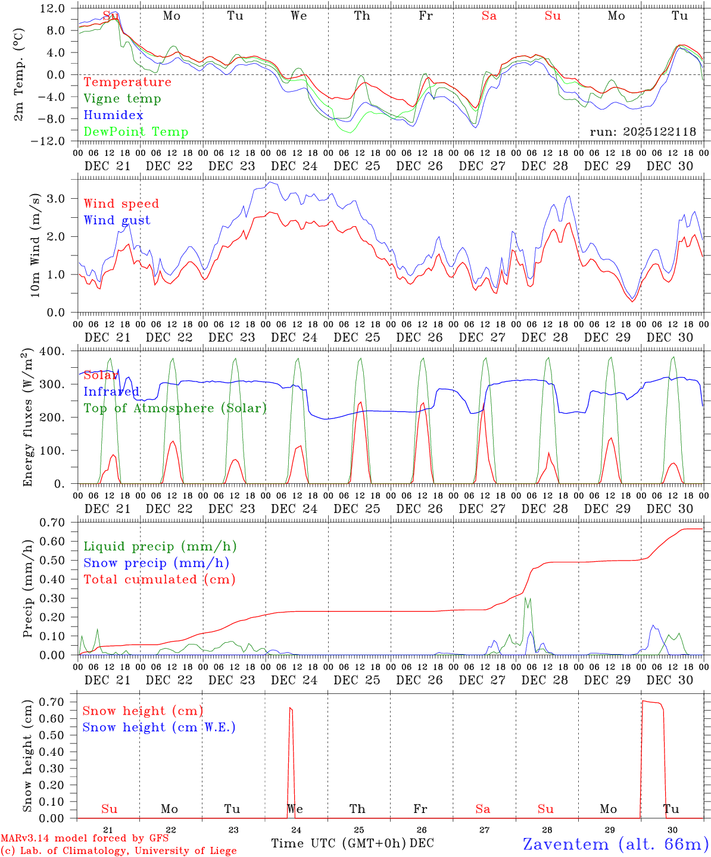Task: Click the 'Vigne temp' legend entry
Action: pos(122,99)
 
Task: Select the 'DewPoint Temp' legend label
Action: pos(136,132)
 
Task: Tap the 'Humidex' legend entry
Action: pos(113,115)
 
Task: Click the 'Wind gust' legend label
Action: pos(117,220)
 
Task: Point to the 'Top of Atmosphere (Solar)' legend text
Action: pos(175,408)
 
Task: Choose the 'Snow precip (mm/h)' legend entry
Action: pos(156,563)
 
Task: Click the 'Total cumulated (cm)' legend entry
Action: pos(159,580)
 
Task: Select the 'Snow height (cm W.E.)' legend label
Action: pos(159,727)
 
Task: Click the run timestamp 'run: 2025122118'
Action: pos(643,132)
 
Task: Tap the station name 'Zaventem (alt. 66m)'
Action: pos(616,844)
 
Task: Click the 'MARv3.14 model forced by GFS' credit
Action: pos(85,839)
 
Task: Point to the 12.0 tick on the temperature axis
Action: pos(54,8)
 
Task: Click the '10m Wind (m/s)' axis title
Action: pos(35,245)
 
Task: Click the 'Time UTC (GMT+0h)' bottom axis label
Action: pos(338,843)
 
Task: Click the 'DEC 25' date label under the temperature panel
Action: pos(357,166)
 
